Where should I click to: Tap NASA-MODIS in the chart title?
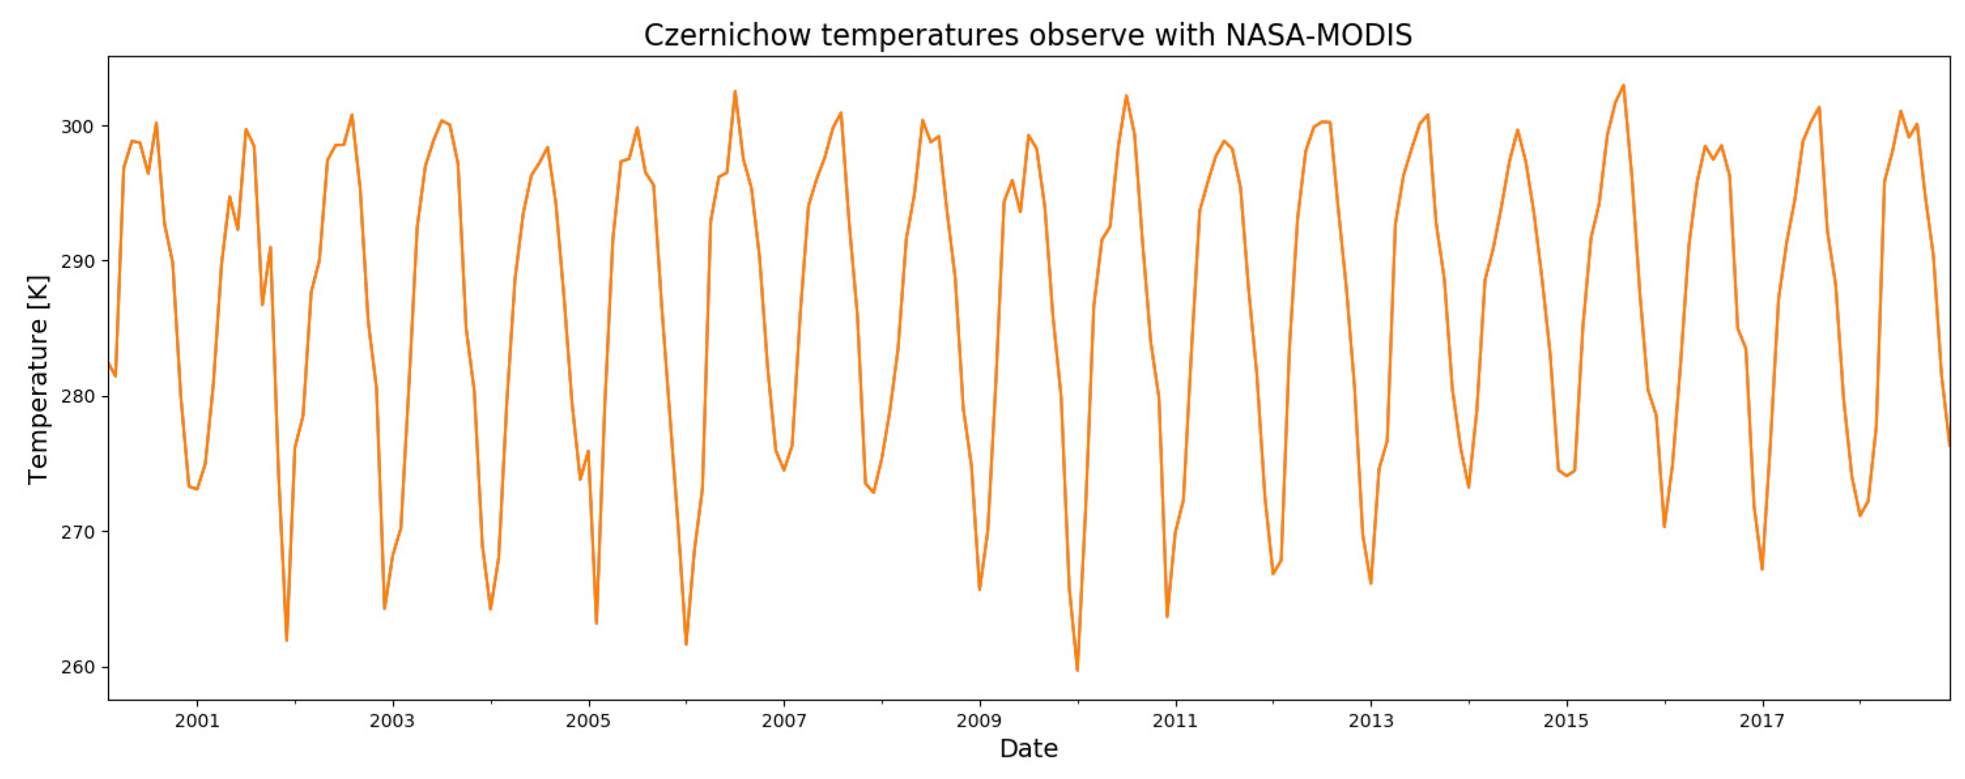(1318, 35)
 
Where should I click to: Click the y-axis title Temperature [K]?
(37, 379)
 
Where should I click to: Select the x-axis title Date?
(1029, 748)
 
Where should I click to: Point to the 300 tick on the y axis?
(77, 126)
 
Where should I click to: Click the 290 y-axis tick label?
(77, 261)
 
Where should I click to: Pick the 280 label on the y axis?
(77, 397)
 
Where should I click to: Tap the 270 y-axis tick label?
(77, 532)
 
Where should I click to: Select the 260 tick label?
(77, 667)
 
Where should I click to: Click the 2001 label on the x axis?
(197, 721)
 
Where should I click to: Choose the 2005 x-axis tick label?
(588, 721)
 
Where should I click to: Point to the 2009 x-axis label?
(980, 721)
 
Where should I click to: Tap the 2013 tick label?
(1371, 721)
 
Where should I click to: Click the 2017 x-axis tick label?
(1762, 721)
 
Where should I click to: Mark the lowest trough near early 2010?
(1077, 670)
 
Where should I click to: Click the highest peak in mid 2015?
(1623, 86)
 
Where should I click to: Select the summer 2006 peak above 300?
(735, 91)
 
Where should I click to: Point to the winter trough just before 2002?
(286, 639)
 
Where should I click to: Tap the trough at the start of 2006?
(685, 644)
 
